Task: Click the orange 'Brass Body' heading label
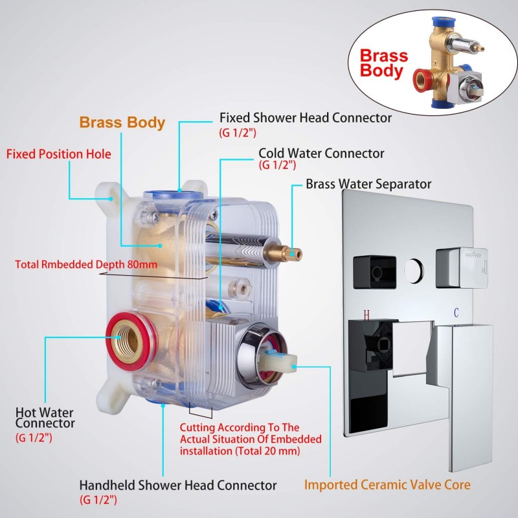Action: [x=122, y=122]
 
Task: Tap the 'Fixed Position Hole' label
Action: [x=58, y=155]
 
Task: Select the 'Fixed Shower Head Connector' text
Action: [x=305, y=118]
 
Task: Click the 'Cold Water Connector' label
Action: [x=321, y=153]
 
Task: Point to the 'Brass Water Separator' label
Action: [x=368, y=184]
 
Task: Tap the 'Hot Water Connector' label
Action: [x=45, y=418]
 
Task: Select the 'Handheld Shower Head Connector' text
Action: [x=177, y=485]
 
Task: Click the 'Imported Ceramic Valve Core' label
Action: [x=387, y=484]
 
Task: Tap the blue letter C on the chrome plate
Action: [x=456, y=313]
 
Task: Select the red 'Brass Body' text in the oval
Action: [x=383, y=63]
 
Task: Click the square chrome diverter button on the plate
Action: [x=457, y=267]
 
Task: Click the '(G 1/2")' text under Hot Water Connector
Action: [x=34, y=438]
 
